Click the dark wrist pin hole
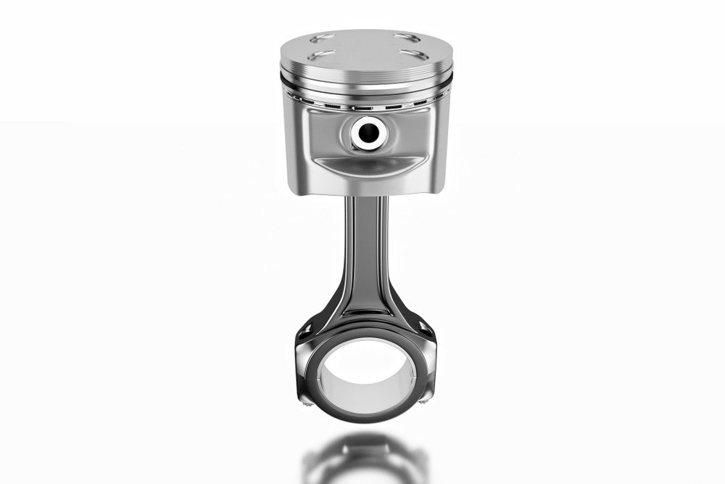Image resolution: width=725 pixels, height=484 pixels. click(x=366, y=131)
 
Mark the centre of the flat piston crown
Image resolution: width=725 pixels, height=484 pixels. click(x=366, y=46)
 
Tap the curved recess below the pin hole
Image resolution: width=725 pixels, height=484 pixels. click(x=366, y=165)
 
